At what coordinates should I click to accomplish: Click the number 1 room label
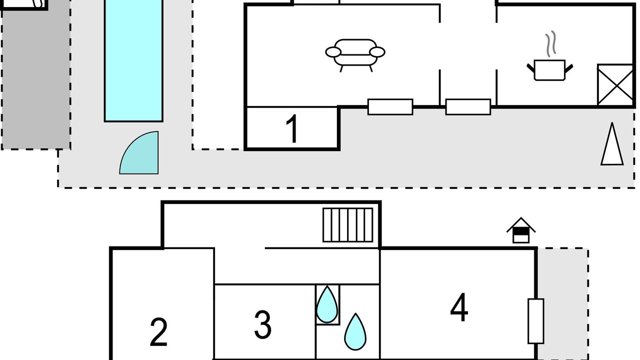pyautogui.click(x=292, y=128)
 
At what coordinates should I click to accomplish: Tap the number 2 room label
pyautogui.click(x=158, y=332)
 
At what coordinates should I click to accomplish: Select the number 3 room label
pyautogui.click(x=263, y=324)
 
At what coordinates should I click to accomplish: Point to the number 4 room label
pyautogui.click(x=459, y=308)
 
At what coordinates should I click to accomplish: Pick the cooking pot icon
pyautogui.click(x=549, y=69)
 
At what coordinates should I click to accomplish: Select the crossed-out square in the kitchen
pyautogui.click(x=615, y=84)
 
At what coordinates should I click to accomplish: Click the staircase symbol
pyautogui.click(x=348, y=224)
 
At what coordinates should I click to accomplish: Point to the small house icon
pyautogui.click(x=521, y=230)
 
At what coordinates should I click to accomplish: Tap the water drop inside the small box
pyautogui.click(x=327, y=304)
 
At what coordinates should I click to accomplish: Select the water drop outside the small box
pyautogui.click(x=355, y=331)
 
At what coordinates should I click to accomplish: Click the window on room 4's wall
pyautogui.click(x=535, y=321)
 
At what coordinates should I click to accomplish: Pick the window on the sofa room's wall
pyautogui.click(x=390, y=106)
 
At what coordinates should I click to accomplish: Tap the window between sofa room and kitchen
pyautogui.click(x=468, y=106)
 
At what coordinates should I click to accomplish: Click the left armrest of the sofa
pyautogui.click(x=332, y=51)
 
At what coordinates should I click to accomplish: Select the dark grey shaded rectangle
pyautogui.click(x=35, y=80)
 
